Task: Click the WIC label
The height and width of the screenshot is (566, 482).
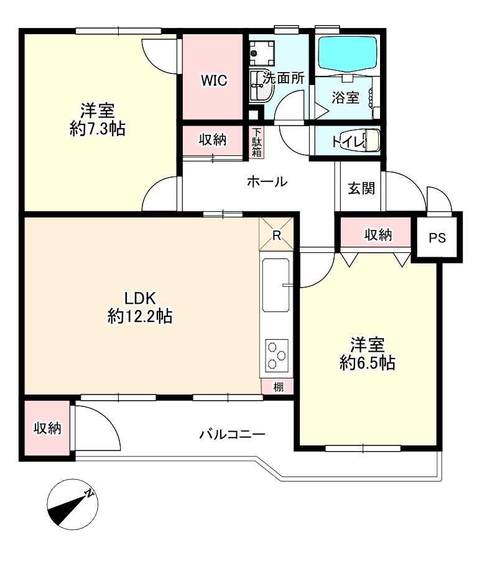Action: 214,80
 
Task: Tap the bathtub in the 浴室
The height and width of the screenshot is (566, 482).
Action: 347,53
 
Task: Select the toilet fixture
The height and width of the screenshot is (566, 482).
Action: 373,140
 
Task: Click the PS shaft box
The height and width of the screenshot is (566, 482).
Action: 437,237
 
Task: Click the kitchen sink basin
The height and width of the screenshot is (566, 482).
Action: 276,285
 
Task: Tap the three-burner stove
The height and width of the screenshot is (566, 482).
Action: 276,355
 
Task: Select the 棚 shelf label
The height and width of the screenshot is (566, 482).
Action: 278,387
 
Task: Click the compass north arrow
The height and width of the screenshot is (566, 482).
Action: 72,504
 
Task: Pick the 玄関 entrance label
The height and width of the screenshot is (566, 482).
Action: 361,188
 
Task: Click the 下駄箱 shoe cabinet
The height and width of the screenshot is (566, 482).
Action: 256,142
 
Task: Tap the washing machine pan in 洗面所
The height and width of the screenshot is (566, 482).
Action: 261,53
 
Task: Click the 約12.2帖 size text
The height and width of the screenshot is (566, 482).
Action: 140,317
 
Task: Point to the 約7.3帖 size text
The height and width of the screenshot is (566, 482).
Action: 98,128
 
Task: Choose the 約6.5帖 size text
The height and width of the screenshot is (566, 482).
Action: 367,362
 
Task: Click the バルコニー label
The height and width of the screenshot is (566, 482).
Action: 233,434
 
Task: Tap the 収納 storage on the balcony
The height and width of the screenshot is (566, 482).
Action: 47,428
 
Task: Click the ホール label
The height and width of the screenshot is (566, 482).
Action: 267,181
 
